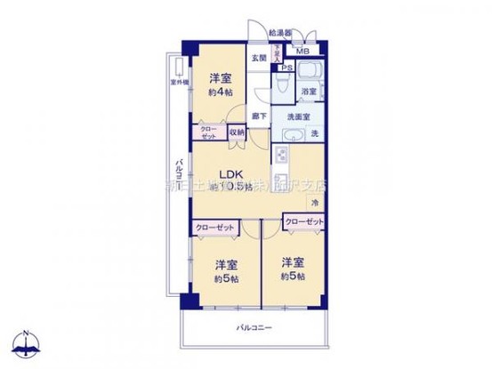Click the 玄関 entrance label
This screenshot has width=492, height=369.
(256, 59)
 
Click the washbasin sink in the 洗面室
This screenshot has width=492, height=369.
(294, 135)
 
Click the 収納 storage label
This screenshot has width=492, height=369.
(236, 132)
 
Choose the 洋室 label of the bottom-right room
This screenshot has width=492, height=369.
(294, 262)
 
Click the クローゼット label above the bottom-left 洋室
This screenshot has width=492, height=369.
(215, 228)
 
